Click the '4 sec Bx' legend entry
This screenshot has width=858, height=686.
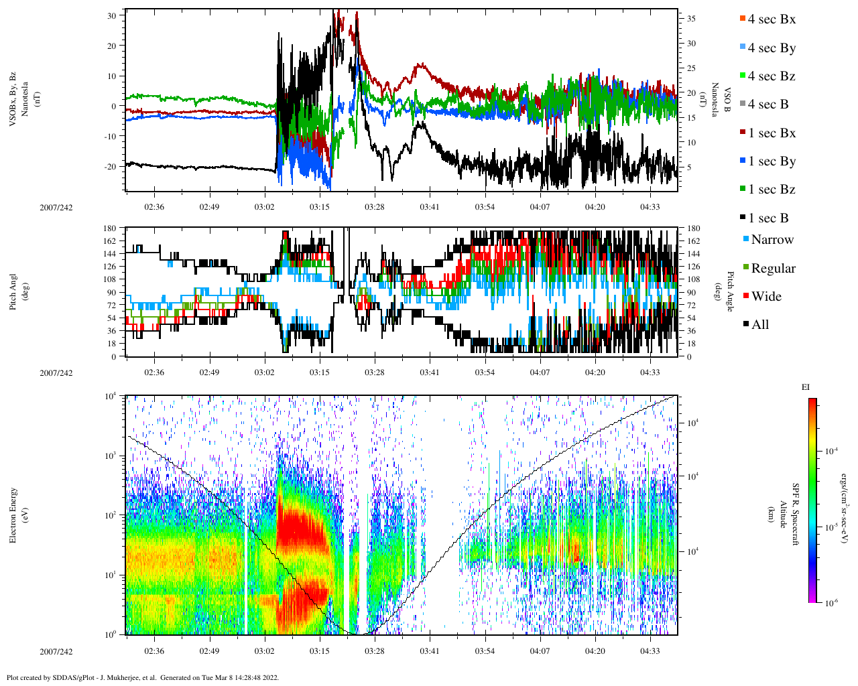click(x=771, y=19)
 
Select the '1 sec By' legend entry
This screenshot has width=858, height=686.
click(x=772, y=161)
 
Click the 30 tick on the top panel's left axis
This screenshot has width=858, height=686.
click(x=112, y=15)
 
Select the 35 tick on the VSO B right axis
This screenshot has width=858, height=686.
click(x=691, y=19)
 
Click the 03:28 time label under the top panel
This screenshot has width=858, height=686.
click(x=375, y=207)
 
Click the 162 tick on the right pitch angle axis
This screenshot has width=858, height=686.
click(x=693, y=241)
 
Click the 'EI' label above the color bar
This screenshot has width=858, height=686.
click(x=805, y=387)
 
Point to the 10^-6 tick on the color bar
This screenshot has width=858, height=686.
click(x=831, y=603)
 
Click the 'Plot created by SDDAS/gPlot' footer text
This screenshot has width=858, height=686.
click(x=142, y=677)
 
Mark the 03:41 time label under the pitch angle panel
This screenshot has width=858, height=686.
click(x=430, y=372)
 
